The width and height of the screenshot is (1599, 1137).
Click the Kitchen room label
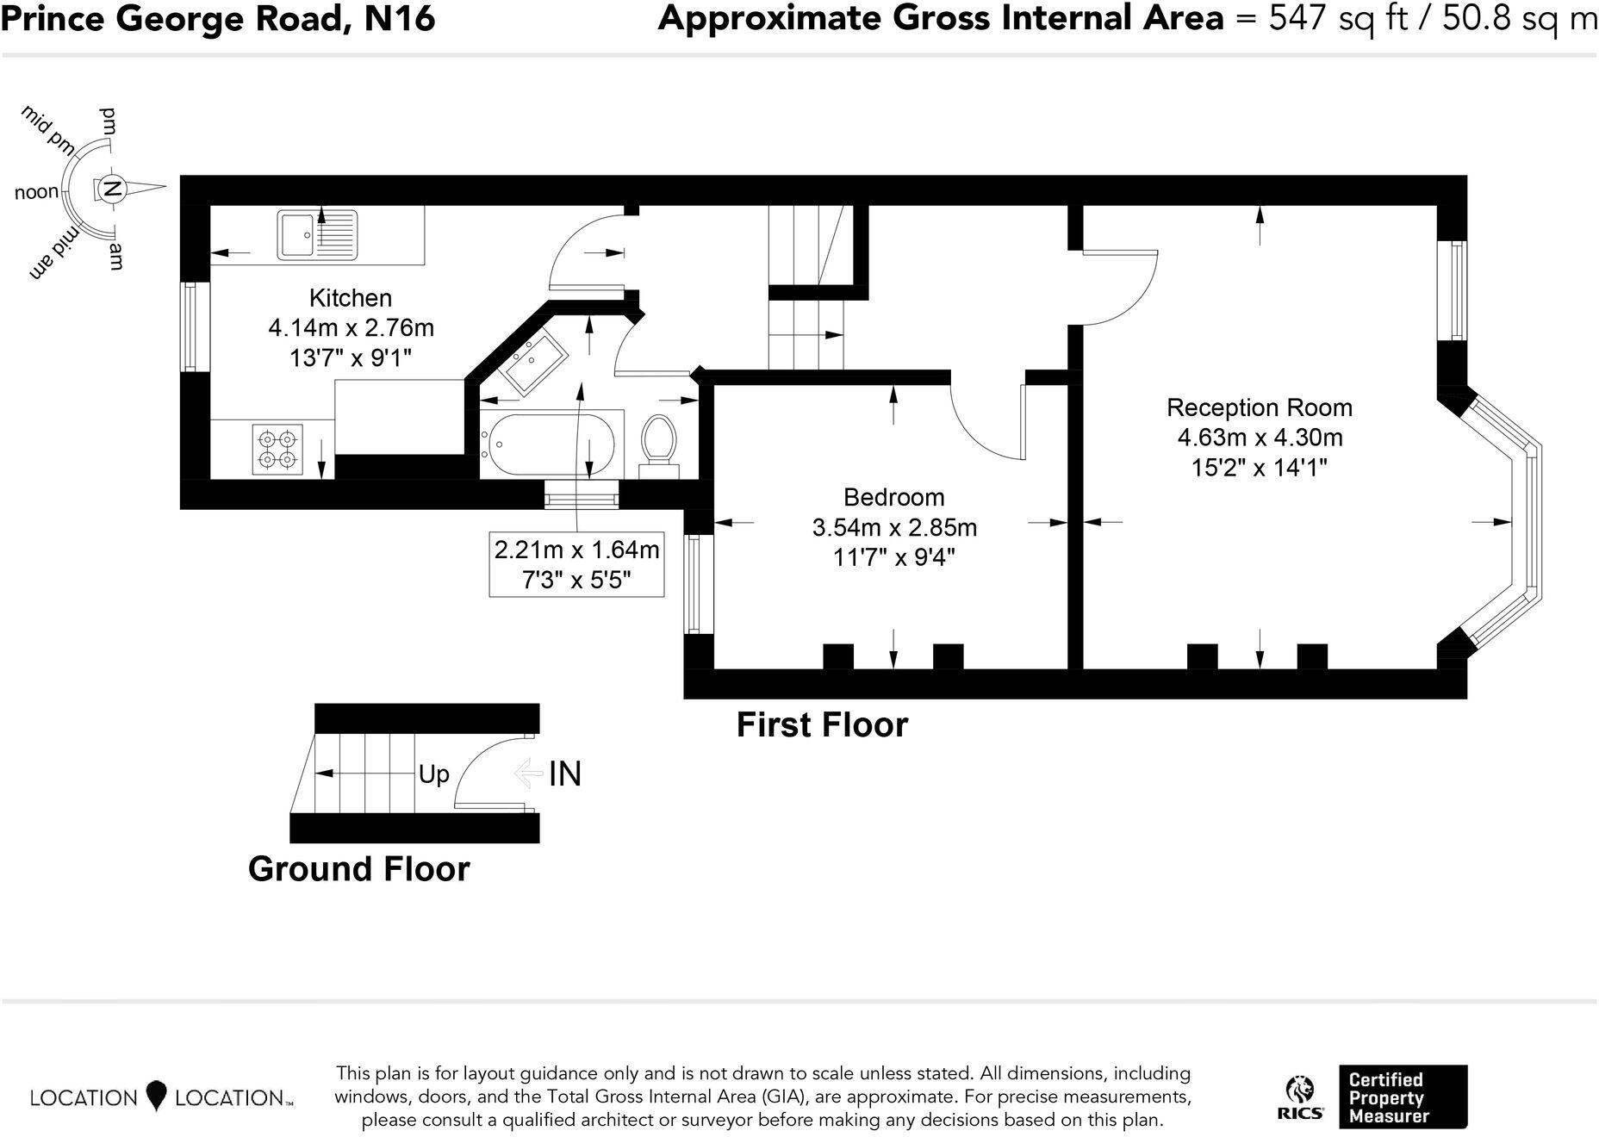(351, 298)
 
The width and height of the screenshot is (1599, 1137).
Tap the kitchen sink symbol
(317, 234)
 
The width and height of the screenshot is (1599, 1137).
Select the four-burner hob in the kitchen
(278, 449)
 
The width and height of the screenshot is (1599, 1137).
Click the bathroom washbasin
(534, 363)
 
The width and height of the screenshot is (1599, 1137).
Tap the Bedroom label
(893, 497)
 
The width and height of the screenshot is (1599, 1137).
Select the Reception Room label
(1260, 407)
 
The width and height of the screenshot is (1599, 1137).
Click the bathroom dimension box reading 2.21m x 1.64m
(576, 564)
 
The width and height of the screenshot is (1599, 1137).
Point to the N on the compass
(111, 188)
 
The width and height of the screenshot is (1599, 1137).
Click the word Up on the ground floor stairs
(433, 774)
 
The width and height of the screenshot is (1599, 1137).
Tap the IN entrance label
(565, 774)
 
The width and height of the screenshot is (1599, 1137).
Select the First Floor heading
(822, 725)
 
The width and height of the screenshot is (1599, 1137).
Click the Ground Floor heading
(358, 869)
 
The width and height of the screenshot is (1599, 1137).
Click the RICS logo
(1299, 1097)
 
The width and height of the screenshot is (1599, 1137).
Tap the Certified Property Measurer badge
(1403, 1097)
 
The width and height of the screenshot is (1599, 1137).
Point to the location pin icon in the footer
(156, 1096)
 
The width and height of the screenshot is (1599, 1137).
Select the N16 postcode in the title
(399, 18)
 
